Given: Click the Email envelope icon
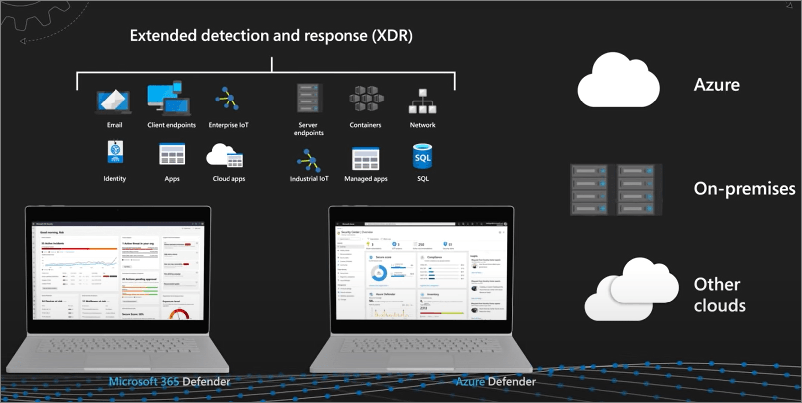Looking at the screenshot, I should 114,101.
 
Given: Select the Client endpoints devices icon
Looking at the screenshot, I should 169,99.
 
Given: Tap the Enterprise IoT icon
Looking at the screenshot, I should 228,99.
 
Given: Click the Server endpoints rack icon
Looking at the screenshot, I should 308,99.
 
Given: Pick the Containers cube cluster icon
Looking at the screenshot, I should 366,99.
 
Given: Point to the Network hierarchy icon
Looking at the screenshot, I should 422,101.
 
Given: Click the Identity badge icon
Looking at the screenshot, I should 115,152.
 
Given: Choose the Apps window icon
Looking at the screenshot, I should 172,154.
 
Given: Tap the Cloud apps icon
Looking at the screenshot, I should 225,155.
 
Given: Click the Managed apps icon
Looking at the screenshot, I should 366,159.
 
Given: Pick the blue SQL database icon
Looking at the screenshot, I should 422,156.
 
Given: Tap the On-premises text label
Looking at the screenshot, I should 744,188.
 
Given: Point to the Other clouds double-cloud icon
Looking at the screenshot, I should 631,290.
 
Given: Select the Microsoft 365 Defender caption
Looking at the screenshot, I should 169,382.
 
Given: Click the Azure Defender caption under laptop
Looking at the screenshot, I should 495,382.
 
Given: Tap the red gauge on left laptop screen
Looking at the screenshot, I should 180,314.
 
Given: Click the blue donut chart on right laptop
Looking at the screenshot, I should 379,273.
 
